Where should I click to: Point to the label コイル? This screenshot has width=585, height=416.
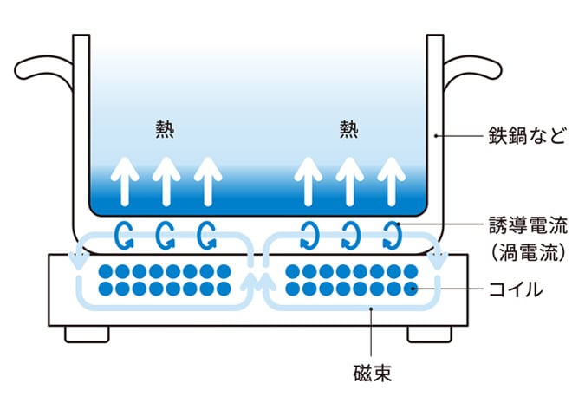(x=513, y=289)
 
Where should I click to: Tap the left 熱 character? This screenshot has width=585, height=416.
(x=165, y=129)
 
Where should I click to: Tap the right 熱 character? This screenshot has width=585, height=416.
(x=348, y=129)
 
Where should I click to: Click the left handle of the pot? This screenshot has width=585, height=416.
(x=43, y=68)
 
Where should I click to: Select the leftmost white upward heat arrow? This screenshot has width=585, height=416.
(x=127, y=180)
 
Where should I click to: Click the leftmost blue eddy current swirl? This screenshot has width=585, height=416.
(x=122, y=234)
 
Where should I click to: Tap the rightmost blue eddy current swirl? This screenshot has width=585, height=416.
(x=393, y=234)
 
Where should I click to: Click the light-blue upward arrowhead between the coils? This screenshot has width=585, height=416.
(x=257, y=280)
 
